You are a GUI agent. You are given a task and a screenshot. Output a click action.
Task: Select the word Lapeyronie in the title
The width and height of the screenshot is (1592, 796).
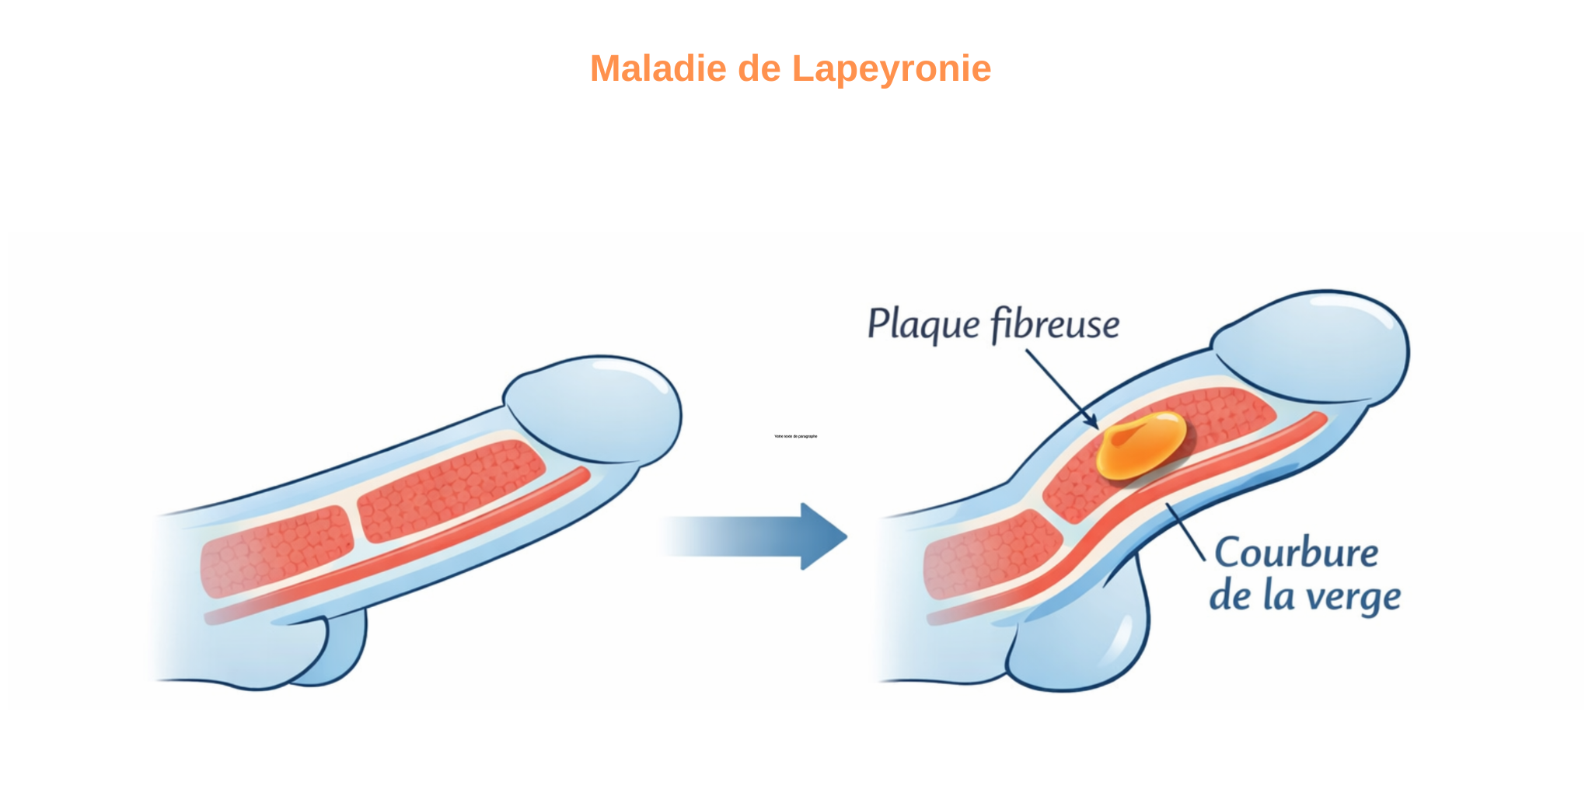(x=891, y=68)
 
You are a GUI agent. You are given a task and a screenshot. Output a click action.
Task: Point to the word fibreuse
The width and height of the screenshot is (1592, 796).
(x=1055, y=324)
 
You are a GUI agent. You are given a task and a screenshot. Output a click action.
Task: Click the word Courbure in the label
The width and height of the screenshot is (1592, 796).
(x=1296, y=553)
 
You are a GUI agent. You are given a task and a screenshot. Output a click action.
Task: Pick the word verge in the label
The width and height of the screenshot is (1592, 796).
(x=1353, y=597)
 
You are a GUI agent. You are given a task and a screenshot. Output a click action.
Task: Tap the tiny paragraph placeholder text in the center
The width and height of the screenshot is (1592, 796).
(x=795, y=436)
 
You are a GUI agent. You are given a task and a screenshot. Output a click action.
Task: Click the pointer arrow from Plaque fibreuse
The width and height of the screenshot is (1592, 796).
(x=1061, y=389)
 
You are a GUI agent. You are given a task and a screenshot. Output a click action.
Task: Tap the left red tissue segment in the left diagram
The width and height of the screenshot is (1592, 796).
(x=276, y=550)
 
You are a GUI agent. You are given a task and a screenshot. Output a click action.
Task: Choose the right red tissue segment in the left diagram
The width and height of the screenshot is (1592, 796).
(x=451, y=490)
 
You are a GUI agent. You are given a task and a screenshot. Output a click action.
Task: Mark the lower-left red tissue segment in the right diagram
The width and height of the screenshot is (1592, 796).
(x=991, y=553)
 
